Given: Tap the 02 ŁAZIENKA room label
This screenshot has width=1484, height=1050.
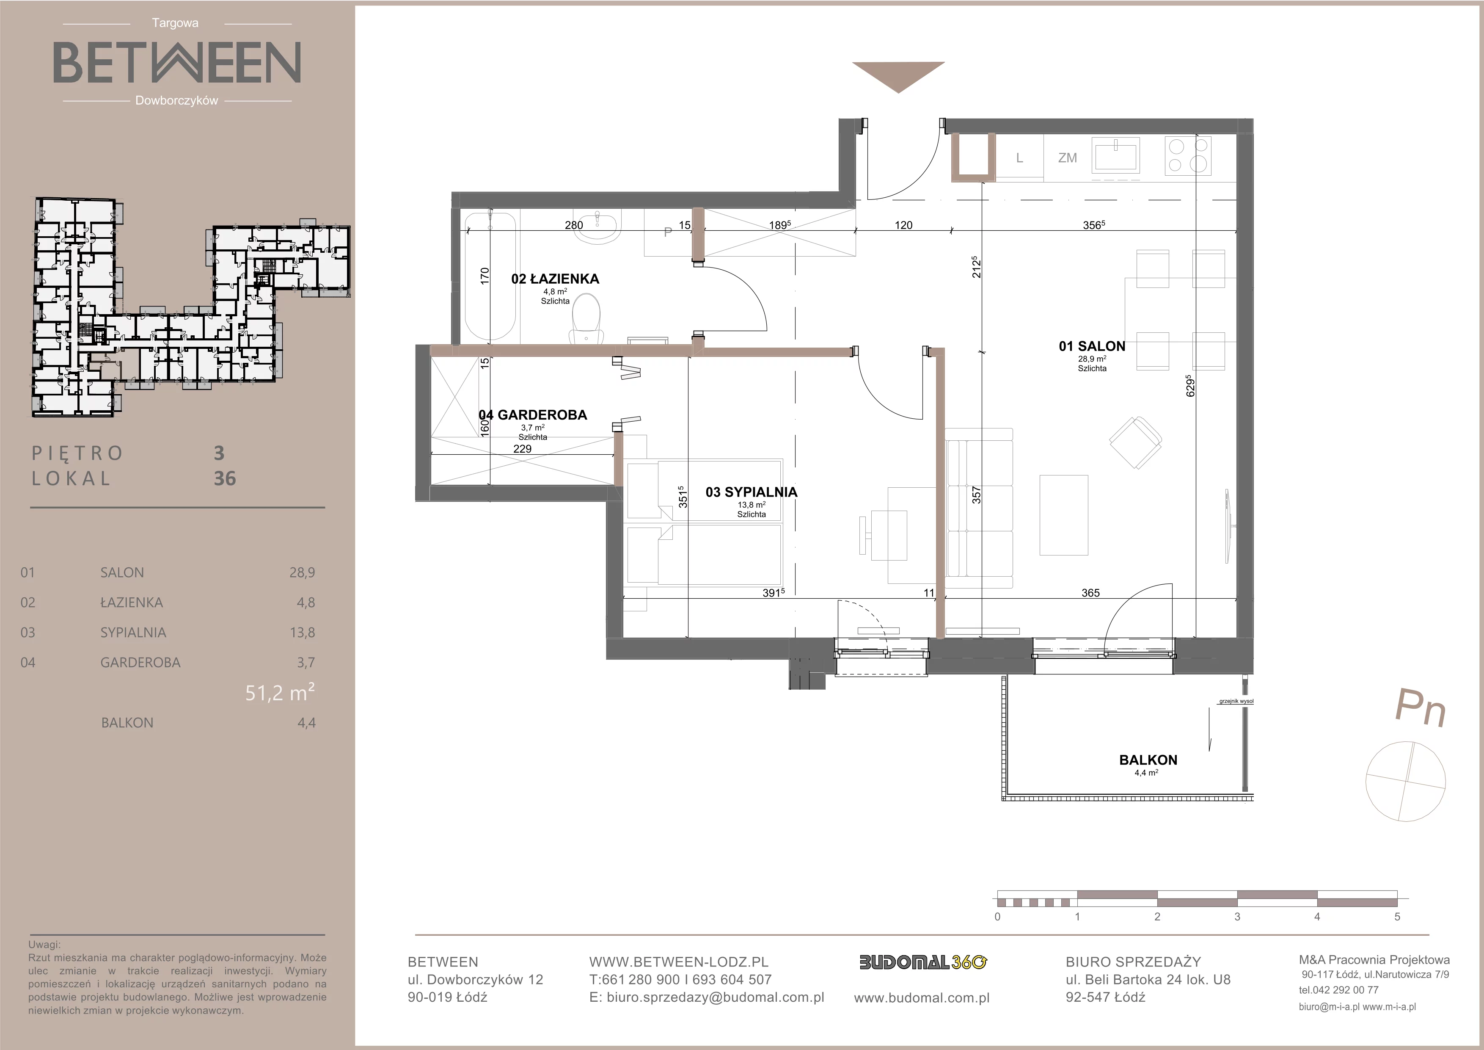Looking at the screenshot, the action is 555,279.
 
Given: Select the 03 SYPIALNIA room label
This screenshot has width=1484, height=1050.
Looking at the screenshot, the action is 751,492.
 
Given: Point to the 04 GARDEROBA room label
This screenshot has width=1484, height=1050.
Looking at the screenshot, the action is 533,415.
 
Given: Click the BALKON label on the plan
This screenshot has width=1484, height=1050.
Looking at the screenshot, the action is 1148,760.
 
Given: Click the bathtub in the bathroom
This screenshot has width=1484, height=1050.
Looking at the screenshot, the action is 490,276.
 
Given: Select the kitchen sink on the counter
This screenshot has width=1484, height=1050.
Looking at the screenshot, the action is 1115,156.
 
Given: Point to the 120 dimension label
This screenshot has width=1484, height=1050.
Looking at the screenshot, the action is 903,225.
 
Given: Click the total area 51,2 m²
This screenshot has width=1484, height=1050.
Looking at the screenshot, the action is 280,693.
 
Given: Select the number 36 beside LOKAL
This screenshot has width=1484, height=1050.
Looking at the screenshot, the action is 225,478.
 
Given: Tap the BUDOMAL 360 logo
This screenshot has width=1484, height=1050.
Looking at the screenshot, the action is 923,962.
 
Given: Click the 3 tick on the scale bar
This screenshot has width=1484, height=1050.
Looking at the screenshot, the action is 1237,916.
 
